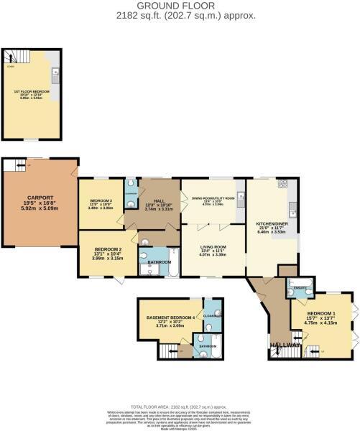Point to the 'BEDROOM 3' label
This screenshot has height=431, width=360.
(x=101, y=200)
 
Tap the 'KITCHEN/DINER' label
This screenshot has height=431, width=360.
(x=272, y=223)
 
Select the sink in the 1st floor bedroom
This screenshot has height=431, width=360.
(x=55, y=72)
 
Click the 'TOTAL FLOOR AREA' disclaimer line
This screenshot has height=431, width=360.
(x=180, y=407)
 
